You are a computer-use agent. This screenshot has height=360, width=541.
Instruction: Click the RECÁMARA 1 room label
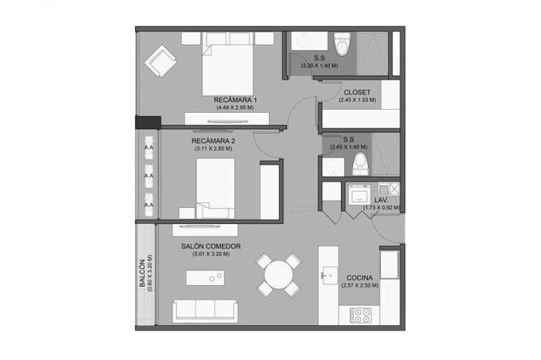click(235, 100)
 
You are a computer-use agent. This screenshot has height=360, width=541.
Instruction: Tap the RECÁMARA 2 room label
click(213, 141)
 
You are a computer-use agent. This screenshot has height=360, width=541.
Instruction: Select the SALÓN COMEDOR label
click(211, 246)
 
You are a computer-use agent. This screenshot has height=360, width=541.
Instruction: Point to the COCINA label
click(359, 277)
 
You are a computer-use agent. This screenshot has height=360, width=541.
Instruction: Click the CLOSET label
click(357, 93)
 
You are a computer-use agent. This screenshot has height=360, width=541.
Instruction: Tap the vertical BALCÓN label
click(141, 273)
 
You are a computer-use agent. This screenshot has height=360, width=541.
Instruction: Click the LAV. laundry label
click(382, 200)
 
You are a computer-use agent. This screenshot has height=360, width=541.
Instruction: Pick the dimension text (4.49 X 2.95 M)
click(235, 107)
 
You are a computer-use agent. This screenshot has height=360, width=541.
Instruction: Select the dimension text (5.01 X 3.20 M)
click(211, 254)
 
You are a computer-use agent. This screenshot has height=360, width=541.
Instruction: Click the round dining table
click(279, 275)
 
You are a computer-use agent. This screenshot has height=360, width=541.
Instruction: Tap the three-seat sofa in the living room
click(205, 311)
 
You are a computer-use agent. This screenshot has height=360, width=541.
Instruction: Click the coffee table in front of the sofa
click(206, 277)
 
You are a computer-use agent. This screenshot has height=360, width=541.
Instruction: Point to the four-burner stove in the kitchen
click(361, 315)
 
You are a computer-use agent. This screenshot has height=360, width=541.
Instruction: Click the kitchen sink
click(329, 276)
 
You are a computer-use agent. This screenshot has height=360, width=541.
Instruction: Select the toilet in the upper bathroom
click(342, 44)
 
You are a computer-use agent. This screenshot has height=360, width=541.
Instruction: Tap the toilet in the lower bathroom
click(361, 164)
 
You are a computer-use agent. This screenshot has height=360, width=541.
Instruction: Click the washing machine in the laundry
click(359, 195)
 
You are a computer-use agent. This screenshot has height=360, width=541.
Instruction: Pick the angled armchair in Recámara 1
click(161, 61)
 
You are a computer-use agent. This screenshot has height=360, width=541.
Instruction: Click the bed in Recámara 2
click(216, 188)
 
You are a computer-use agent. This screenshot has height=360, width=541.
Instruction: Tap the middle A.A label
click(148, 176)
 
